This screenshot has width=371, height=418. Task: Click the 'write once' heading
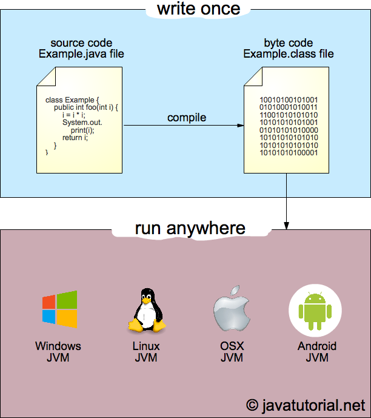198,9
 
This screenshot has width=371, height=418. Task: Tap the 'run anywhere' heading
190,228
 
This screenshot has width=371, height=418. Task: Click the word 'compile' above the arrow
187,117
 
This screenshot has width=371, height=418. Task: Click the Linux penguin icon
145,310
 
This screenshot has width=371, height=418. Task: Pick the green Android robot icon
316,310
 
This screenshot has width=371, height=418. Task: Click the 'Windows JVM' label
58,352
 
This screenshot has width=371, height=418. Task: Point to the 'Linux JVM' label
145,352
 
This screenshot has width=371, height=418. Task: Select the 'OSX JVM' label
232,352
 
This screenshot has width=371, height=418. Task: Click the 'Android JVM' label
316,352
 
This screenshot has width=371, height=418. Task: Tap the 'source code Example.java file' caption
81,49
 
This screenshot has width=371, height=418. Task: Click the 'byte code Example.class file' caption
289,49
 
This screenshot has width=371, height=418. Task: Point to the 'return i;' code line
75,138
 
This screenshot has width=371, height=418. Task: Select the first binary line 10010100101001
289,99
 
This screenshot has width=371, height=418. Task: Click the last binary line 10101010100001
289,153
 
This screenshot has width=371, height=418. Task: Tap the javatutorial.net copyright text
306,405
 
